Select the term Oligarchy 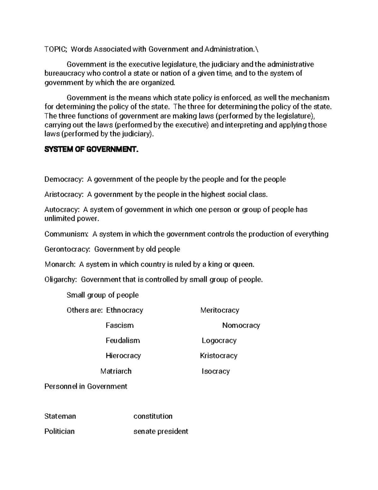tap(60, 280)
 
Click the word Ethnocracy tap(124, 310)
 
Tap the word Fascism tap(120, 325)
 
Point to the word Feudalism tap(123, 340)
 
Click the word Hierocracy tap(123, 356)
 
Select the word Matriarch tap(116, 371)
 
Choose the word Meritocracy tap(220, 310)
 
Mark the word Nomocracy tap(241, 325)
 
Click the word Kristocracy tap(219, 356)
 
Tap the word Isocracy tap(216, 371)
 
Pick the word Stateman tap(60, 416)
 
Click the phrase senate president tap(161, 431)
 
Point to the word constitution tap(153, 416)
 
